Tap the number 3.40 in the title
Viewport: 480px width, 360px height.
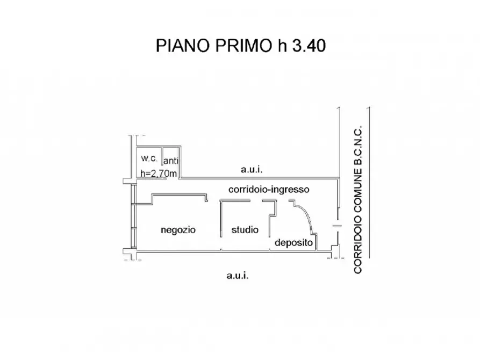[309, 46]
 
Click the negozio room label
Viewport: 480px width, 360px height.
[178, 230]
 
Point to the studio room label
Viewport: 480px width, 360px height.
[245, 229]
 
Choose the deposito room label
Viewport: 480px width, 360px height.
[294, 243]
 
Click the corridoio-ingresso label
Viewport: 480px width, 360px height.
[269, 190]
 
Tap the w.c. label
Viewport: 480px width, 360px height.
[149, 159]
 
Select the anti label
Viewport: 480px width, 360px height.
[171, 161]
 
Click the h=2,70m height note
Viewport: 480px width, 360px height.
[159, 174]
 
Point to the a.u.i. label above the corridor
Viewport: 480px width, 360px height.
[252, 169]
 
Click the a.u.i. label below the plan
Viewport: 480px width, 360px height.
[238, 276]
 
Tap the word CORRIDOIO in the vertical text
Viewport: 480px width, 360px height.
[357, 244]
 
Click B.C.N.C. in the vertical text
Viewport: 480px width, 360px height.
[357, 145]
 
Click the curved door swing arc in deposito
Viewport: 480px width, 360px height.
[306, 214]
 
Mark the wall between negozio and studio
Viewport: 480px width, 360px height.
[221, 219]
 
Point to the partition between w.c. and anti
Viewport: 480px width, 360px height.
[162, 162]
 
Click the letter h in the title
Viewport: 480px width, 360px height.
[282, 46]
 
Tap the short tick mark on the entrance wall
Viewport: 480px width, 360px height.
[337, 226]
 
